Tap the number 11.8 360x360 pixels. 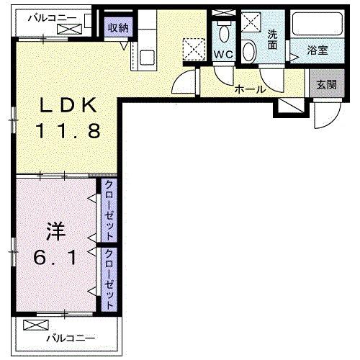(68, 132)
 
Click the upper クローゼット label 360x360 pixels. (109, 211)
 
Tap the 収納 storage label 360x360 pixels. (117, 28)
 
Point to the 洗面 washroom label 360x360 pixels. (274, 39)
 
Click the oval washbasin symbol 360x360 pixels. (249, 51)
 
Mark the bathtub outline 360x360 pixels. (318, 26)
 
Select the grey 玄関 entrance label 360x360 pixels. (325, 84)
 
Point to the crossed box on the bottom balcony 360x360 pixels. (33, 325)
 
